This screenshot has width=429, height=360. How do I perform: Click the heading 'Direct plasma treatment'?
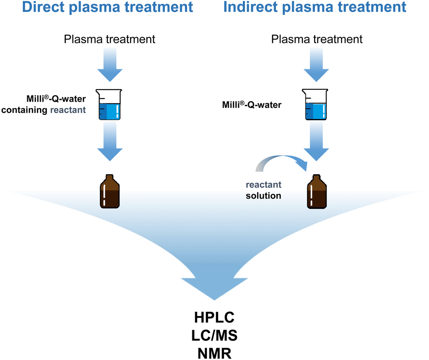pos(107,7)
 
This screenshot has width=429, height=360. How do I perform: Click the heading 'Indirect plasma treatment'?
pos(315,7)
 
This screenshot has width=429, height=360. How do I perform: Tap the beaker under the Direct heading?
pos(110,104)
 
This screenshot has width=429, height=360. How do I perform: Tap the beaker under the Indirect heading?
pos(316,104)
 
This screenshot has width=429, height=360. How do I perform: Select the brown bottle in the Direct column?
pos(110,191)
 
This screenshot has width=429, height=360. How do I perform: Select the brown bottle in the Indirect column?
pos(317,191)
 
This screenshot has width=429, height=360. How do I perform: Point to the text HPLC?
pos(214,317)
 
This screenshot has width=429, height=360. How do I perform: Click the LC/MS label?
pos(214,335)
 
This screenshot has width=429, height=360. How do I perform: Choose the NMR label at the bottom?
pos(214,353)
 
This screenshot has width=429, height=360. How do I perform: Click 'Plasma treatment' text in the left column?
pos(110,39)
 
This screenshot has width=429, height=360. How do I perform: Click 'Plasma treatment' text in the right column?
pos(317,39)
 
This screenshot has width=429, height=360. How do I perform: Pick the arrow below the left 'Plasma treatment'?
pos(110,64)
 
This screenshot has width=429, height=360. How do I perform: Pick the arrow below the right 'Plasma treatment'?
pos(316,64)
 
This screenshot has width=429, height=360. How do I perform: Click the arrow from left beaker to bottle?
pos(110,141)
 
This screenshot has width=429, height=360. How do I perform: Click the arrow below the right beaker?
pos(316,141)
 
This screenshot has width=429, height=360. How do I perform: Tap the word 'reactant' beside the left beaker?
pos(68,110)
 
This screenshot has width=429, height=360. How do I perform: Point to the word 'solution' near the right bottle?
pos(263,196)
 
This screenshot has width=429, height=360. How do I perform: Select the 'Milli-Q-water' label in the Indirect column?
pos(252,104)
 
